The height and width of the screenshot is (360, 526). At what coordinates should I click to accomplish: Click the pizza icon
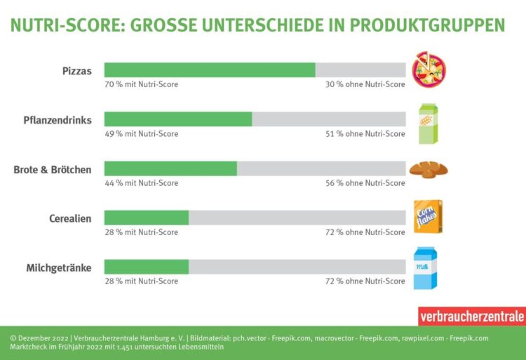[x=429, y=70]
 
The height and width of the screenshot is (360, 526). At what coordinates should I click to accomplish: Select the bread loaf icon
[x=429, y=169]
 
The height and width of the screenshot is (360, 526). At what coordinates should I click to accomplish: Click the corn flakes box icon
[x=428, y=216]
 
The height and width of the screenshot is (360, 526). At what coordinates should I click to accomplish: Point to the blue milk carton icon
[x=426, y=268]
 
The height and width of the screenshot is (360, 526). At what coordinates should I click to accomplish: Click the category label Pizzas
[x=76, y=71]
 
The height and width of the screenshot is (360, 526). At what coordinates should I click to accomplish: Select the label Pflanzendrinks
[x=58, y=120]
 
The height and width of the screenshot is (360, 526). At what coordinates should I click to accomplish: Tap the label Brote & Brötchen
[x=53, y=169]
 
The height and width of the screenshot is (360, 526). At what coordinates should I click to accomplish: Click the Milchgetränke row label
[x=59, y=267]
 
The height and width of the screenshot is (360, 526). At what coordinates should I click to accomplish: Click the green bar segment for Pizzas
[x=210, y=70]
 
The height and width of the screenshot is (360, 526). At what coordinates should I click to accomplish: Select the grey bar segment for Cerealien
[x=297, y=218]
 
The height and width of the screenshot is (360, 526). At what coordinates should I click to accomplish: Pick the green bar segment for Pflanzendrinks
[x=178, y=119]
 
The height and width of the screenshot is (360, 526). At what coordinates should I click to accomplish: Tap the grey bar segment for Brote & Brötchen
[x=321, y=168]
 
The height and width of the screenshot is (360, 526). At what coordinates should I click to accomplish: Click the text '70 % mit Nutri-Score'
[x=141, y=84]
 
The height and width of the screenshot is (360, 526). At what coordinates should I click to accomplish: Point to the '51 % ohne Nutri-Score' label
[x=365, y=134]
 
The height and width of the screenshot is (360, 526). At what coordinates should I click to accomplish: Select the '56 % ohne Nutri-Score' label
[x=365, y=183]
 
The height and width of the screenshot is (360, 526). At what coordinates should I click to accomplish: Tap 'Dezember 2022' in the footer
[x=40, y=338]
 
